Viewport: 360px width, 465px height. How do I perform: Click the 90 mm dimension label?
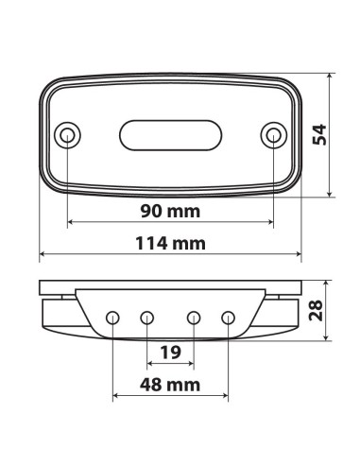170,211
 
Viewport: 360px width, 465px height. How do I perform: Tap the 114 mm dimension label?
170,244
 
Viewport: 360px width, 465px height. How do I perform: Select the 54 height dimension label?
319,135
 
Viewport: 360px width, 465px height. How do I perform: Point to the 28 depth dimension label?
316,311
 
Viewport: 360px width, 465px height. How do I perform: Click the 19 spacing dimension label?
171,353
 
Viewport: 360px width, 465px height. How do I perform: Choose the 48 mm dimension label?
170,385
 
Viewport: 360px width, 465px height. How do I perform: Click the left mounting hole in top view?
67,135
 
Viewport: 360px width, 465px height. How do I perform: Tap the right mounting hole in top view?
273,135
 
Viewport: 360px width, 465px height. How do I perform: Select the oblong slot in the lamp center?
170,135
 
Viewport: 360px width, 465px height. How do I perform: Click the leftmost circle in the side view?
112,318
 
